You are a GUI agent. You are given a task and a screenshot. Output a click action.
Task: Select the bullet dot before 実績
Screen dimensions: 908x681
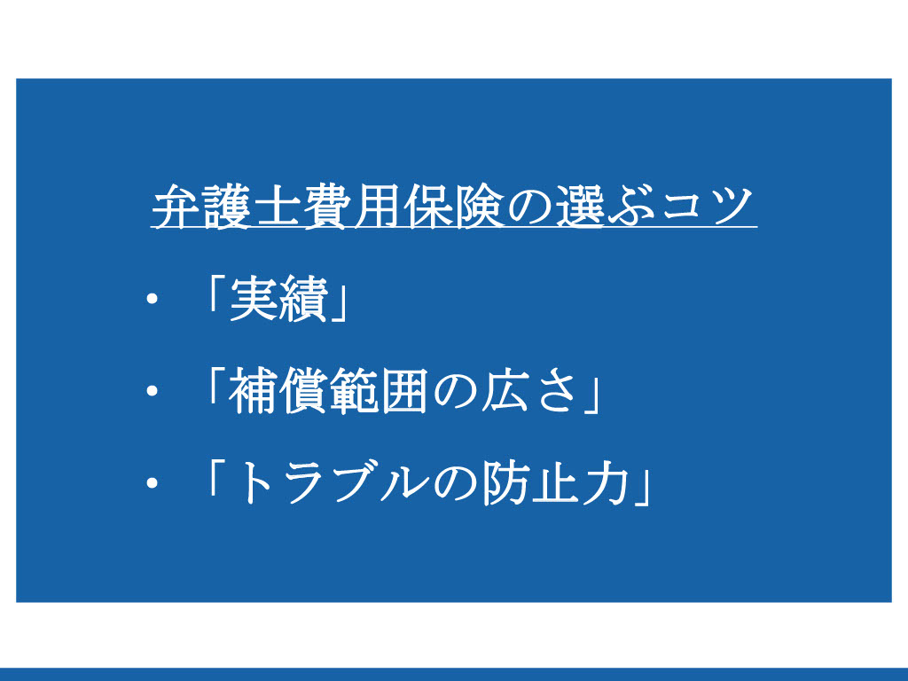coord(153,300)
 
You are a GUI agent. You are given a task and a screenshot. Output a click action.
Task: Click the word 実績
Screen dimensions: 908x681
coord(278,300)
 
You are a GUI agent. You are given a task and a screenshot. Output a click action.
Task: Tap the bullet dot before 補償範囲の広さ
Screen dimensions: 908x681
coord(153,391)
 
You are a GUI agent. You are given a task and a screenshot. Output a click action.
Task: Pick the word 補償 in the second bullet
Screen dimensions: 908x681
coord(278,391)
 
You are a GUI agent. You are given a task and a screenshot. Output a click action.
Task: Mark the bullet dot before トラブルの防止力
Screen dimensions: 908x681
coord(153,483)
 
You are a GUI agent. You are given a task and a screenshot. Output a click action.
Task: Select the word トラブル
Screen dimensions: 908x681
coord(332,483)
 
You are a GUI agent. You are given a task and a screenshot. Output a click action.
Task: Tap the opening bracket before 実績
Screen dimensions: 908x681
coord(215,293)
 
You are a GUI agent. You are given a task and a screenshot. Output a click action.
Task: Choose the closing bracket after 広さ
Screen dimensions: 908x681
coord(591,398)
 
